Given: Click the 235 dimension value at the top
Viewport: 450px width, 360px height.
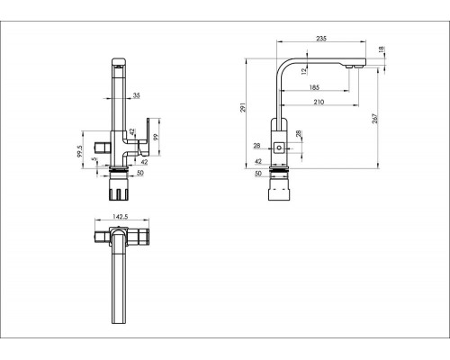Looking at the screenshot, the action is [321, 39].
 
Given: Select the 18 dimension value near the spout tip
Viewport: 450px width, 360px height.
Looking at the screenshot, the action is [382, 49].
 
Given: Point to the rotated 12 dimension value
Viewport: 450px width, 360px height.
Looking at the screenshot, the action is [304, 71].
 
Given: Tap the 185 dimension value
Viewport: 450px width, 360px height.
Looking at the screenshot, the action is [314, 87].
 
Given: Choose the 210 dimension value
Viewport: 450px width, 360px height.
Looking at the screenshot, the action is [319, 102].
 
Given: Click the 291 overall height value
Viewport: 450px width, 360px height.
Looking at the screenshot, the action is [243, 107].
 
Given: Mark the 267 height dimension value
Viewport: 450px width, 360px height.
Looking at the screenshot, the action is [374, 119].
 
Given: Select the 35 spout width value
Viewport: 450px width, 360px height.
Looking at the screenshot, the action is [137, 95].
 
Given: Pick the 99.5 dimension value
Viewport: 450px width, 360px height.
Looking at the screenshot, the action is [79, 151].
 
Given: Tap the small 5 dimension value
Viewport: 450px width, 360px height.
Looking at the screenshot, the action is [95, 159].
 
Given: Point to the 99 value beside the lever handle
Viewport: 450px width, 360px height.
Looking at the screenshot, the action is [156, 138].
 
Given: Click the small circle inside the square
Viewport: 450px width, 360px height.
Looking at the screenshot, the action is [279, 148].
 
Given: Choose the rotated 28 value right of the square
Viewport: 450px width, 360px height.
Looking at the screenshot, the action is [298, 134].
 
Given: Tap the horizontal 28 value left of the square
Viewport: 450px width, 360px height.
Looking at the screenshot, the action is [256, 146].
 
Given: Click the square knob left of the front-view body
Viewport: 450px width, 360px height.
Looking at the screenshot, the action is [103, 148].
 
